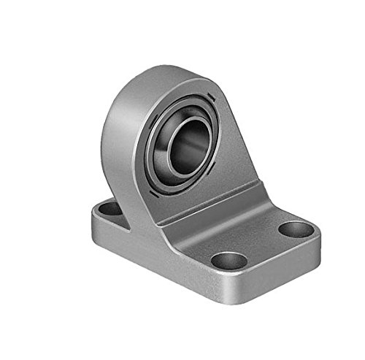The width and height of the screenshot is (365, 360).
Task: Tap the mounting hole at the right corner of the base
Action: coord(295,229)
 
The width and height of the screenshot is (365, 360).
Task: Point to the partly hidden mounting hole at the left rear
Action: coord(110,209)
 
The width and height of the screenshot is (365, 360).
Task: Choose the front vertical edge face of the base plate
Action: coord(161,259)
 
